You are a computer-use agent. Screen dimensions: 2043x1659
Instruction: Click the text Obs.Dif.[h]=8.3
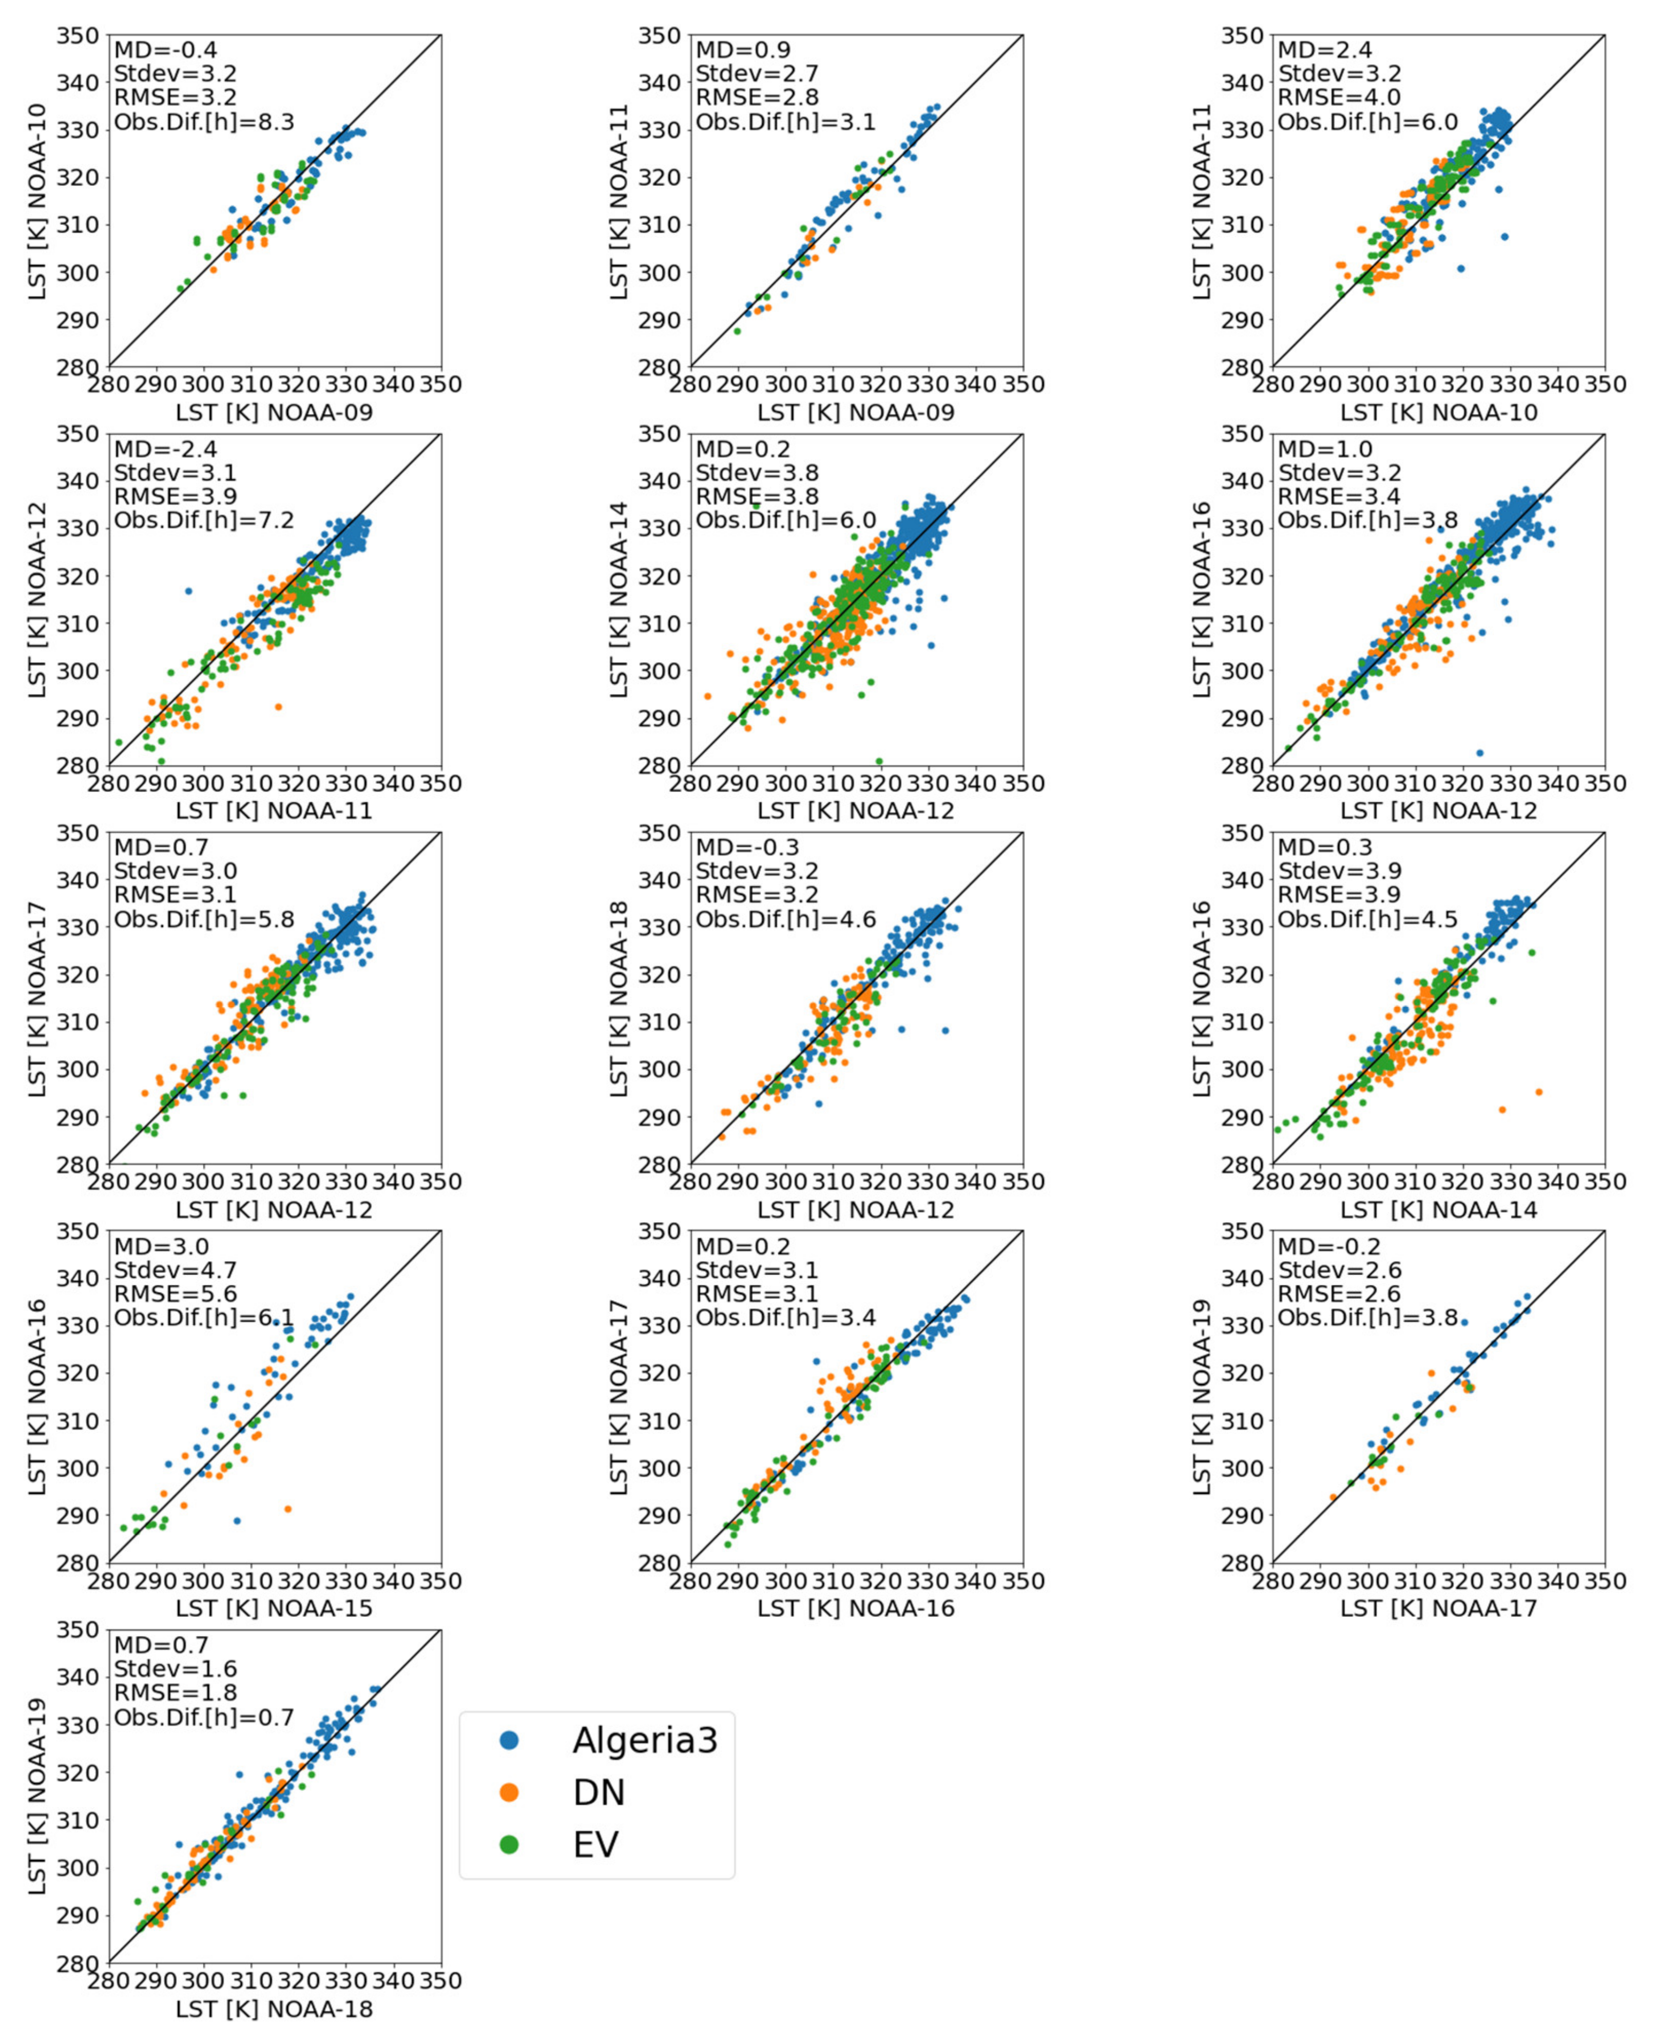pyautogui.click(x=204, y=121)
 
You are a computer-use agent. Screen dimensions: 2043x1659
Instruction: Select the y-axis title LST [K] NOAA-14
pyautogui.click(x=619, y=599)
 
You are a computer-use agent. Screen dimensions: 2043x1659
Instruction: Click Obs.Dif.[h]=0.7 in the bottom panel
pyautogui.click(x=204, y=1716)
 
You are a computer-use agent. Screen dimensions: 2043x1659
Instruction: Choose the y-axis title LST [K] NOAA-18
pyautogui.click(x=619, y=997)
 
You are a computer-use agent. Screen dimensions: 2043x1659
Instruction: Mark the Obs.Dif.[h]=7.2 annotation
pyautogui.click(x=204, y=520)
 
